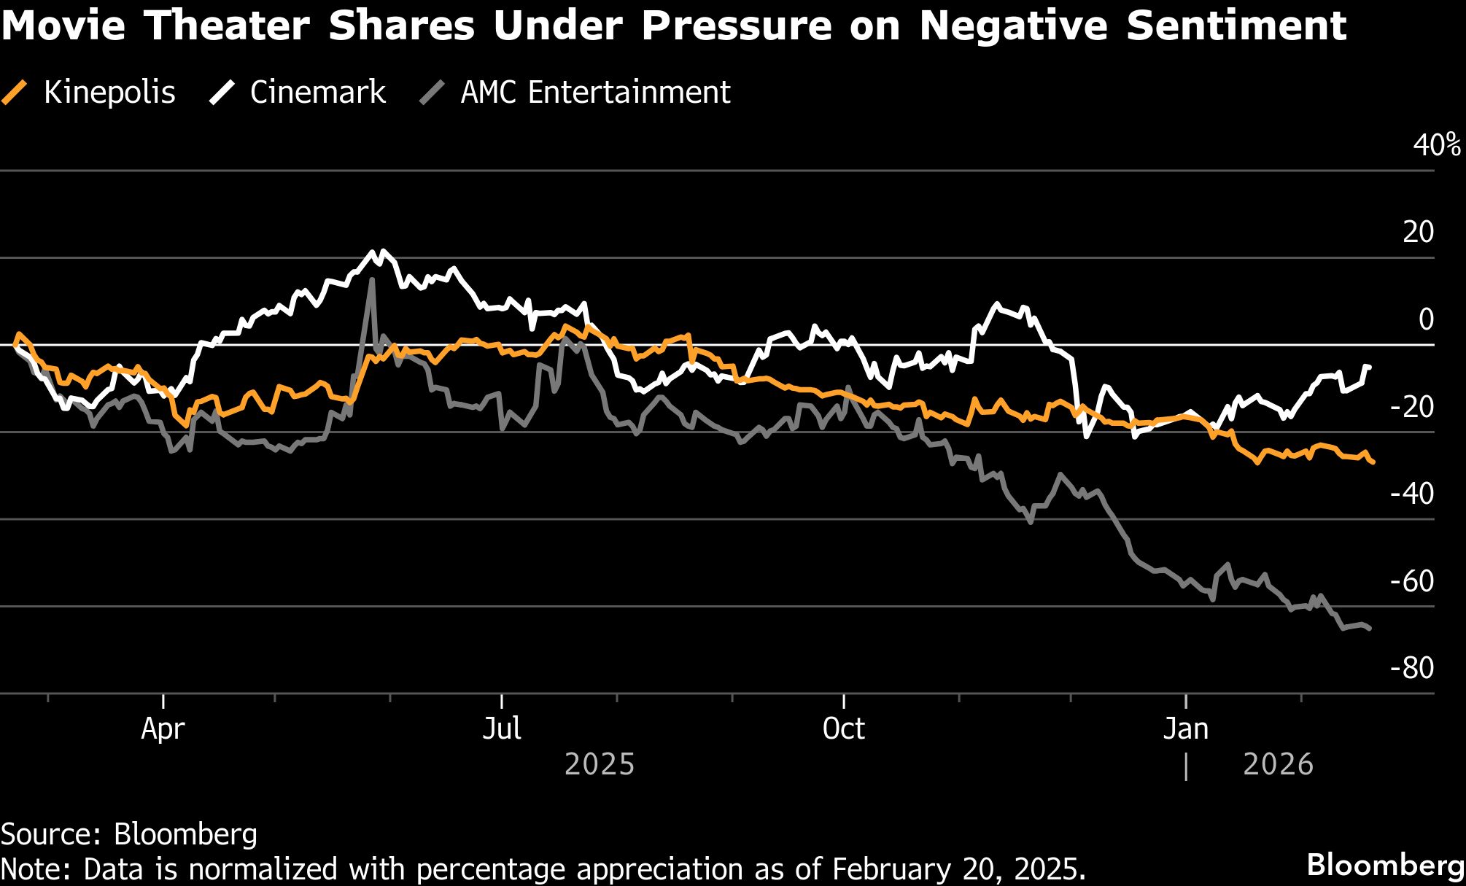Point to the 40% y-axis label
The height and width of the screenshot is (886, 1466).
1436,145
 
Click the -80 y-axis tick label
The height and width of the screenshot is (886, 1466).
1412,668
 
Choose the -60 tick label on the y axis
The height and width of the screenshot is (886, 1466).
1412,581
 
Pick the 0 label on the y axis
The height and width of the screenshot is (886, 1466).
1426,319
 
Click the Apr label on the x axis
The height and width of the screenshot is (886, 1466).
163,728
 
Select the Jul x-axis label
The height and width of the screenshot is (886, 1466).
502,728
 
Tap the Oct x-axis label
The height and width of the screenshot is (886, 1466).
843,728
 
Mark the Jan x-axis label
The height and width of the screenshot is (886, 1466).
1185,728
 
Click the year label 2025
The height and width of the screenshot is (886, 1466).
600,764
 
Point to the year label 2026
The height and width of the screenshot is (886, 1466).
1278,764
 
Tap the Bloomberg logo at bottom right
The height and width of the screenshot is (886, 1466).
1384,866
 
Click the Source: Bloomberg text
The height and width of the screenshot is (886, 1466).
129,834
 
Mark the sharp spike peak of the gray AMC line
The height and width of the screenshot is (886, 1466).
373,279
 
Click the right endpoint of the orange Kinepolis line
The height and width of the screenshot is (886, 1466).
1373,462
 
